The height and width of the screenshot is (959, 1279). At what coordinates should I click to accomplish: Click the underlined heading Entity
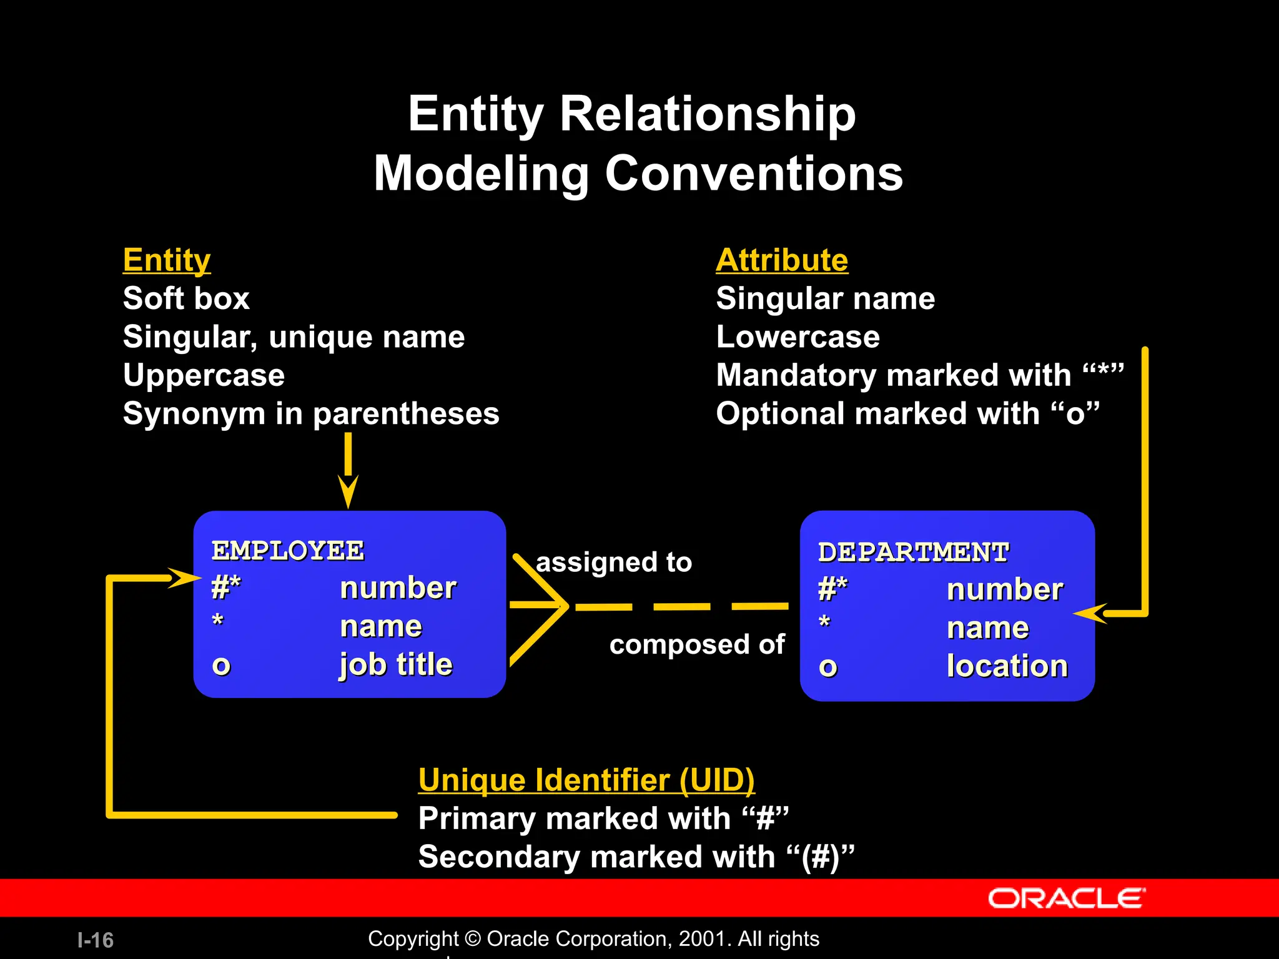pos(167,260)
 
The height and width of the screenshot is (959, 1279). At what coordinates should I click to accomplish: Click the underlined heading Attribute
pos(782,260)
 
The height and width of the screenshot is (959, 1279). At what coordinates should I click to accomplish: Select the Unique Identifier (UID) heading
pos(586,780)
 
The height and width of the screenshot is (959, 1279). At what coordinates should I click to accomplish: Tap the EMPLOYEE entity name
pos(288,551)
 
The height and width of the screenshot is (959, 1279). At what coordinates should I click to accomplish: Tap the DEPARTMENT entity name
pos(913,553)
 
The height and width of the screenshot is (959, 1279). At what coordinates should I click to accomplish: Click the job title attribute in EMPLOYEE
pos(396,664)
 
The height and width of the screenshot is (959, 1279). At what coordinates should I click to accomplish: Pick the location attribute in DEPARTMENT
pos(1007,666)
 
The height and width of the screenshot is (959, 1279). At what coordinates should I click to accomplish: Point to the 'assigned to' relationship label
pos(614,563)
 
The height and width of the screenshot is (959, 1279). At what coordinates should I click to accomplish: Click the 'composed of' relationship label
pos(697,644)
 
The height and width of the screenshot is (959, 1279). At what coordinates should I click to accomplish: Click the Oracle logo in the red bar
pos(1066,898)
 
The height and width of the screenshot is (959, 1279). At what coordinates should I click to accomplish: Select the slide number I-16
pos(96,940)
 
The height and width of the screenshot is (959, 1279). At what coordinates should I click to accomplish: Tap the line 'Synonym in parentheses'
pos(311,414)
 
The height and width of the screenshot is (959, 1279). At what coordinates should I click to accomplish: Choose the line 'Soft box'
pos(186,298)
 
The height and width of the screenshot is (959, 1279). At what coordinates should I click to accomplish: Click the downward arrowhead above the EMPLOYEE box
pos(348,492)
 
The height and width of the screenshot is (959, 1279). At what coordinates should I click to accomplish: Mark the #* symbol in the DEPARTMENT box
pos(833,589)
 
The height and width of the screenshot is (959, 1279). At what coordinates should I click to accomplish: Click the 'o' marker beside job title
pos(221,666)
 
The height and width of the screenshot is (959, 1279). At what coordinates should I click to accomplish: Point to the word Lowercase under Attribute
pos(798,337)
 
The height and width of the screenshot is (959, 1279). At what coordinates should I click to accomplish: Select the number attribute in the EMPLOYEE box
pos(398,588)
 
